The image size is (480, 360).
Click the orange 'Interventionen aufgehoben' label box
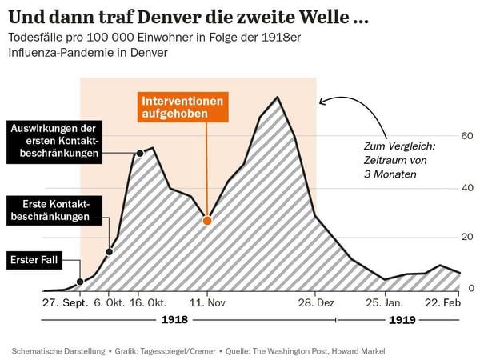coord(183,107)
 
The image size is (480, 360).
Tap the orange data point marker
coord(207,220)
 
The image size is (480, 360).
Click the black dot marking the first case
coord(80,282)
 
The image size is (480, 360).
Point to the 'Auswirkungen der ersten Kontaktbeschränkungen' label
coord(55,140)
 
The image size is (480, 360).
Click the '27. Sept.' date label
coord(65,304)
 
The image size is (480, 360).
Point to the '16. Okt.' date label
coord(147,304)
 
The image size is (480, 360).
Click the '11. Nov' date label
coord(207,304)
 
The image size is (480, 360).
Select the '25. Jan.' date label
coord(384,304)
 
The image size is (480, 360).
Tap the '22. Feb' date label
coord(442,304)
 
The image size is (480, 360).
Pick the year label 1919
coord(402,321)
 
